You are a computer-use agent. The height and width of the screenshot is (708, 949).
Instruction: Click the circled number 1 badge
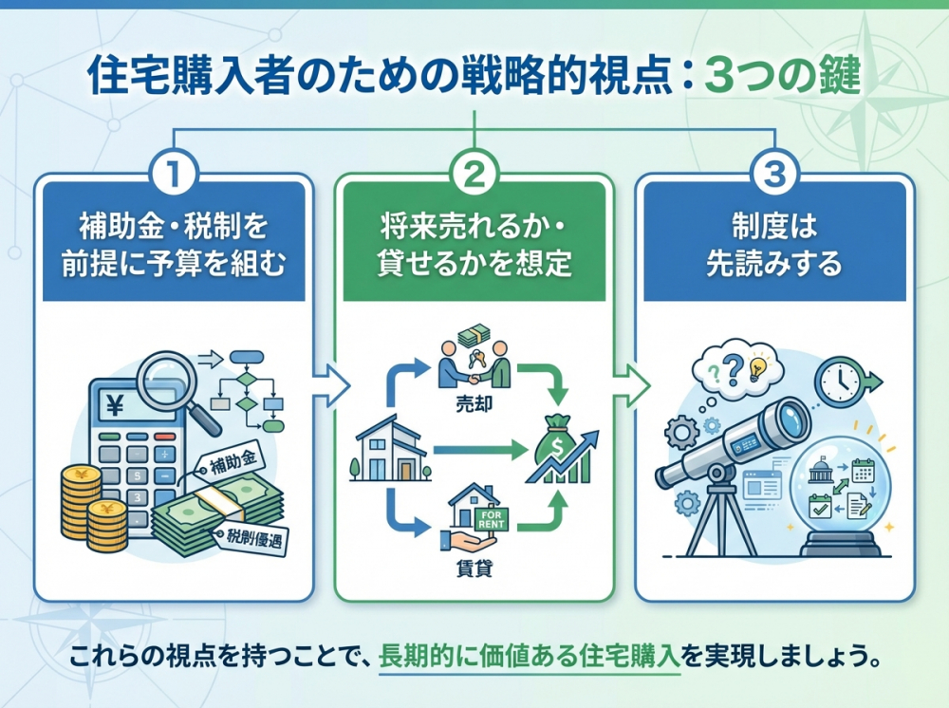174,174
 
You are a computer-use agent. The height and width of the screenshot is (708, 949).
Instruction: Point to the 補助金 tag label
231,464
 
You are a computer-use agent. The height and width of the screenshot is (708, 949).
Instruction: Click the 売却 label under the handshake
473,401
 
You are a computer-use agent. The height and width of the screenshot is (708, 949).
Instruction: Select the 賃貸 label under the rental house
472,572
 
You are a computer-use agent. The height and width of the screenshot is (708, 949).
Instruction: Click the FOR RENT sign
494,519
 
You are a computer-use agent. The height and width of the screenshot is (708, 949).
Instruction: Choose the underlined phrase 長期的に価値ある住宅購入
530,657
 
